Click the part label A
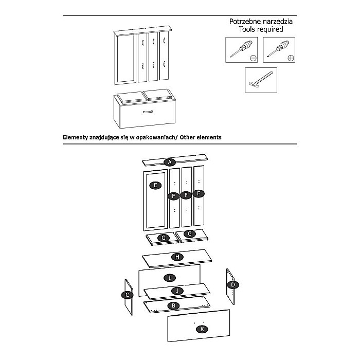[170, 163]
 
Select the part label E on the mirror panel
[153, 186]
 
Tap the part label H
[176, 257]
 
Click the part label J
[177, 291]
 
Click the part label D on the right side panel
[233, 284]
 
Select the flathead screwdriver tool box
[241, 50]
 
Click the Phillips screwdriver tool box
[280, 50]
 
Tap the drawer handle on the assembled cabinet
[148, 111]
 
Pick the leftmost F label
[174, 195]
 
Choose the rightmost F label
[199, 194]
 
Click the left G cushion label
[164, 238]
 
